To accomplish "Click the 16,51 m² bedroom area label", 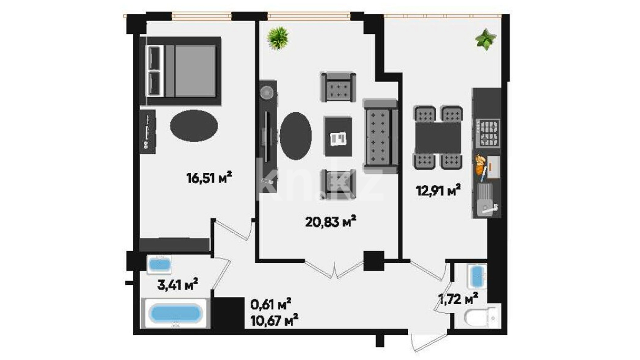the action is pos(209,177).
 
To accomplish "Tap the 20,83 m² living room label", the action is pos(331,221).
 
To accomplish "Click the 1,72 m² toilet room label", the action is pos(459,299).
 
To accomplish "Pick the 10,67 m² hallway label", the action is pos(274,321).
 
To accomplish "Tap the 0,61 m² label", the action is pos(271,304).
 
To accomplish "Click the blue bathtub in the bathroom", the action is pos(175,314).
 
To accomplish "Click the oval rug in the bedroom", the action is pos(194,126).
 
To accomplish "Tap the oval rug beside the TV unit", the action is pos(296,136).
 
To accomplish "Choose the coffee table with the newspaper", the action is pos(338,137).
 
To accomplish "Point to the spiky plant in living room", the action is pos(278,38).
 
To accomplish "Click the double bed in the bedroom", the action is pos(180,71).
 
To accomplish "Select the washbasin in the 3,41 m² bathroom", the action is pos(160,265).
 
